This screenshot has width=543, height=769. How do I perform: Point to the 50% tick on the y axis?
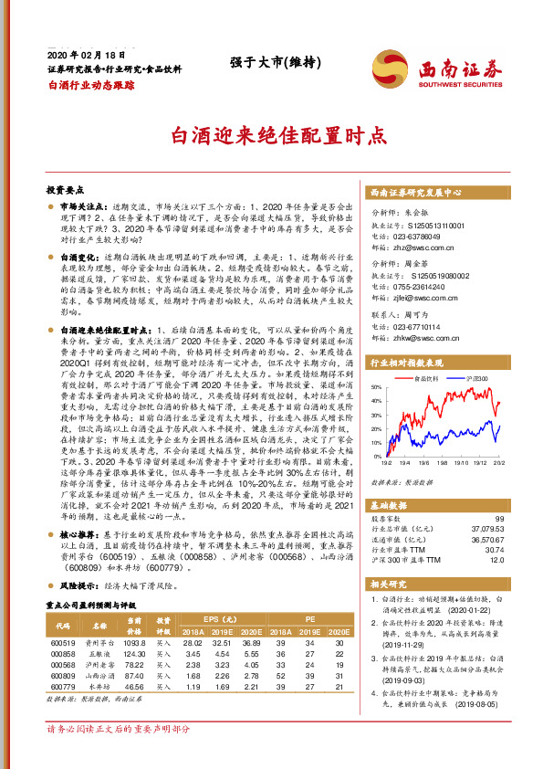pos(378,387)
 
